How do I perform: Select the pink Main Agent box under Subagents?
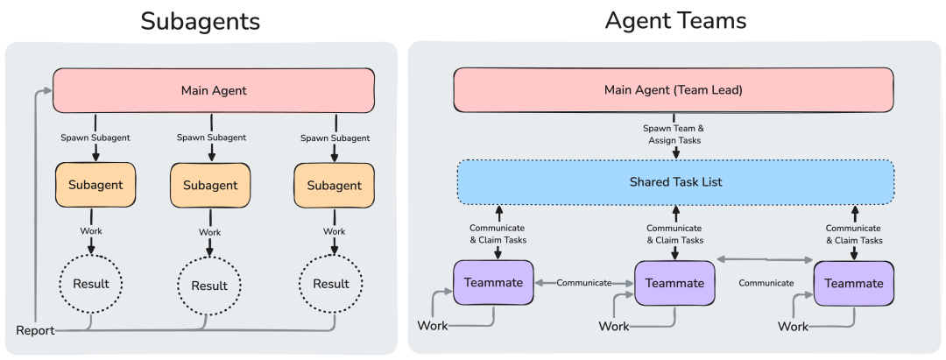click(x=214, y=90)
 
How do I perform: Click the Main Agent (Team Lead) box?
click(x=674, y=90)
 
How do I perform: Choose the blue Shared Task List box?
click(x=674, y=182)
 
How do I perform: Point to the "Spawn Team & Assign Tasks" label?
click(x=674, y=133)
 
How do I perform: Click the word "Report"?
click(x=35, y=330)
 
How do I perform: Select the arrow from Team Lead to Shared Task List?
click(x=674, y=151)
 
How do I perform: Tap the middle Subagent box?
click(x=209, y=186)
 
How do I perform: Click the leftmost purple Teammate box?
click(x=493, y=283)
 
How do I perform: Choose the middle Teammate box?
click(x=674, y=283)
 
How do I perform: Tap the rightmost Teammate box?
click(x=854, y=283)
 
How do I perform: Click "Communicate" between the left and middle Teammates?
click(x=583, y=283)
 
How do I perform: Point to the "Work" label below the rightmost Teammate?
click(x=794, y=327)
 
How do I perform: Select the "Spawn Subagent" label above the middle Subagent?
click(x=211, y=138)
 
